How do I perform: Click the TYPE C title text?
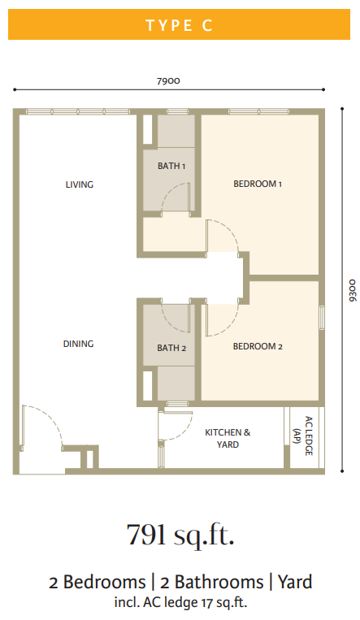(180, 25)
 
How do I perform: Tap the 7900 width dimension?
(168, 81)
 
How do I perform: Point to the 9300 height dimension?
(353, 290)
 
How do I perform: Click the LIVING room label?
(80, 184)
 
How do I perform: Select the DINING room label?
(78, 344)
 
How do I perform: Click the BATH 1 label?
(171, 166)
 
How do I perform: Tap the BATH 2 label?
(171, 348)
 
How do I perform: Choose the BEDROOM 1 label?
(258, 184)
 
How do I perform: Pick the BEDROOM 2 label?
(258, 346)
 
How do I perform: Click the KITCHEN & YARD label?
(228, 438)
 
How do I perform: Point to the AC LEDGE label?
(303, 436)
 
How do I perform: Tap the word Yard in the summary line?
(295, 582)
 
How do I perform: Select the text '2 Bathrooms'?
(211, 582)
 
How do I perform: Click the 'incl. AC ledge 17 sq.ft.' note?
(180, 602)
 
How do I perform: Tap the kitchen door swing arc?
(184, 431)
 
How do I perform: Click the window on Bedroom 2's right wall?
(322, 318)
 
